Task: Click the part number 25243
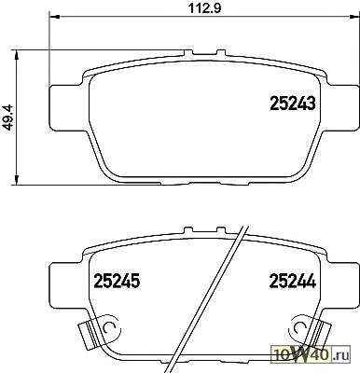(x=293, y=104)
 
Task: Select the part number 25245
(x=117, y=281)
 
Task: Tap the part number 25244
(x=293, y=281)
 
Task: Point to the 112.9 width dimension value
(x=205, y=8)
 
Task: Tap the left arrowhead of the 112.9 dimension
(x=54, y=17)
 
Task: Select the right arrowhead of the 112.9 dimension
(x=354, y=17)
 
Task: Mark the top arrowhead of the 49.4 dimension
(x=17, y=55)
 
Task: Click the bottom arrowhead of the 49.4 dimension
(x=17, y=180)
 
